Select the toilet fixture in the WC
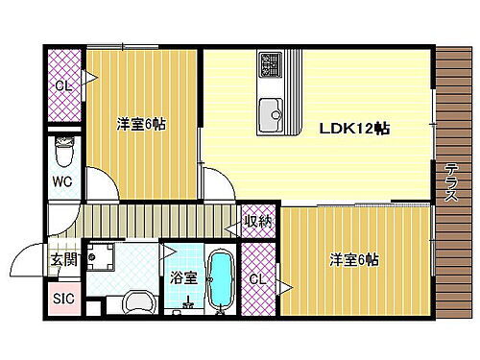64,151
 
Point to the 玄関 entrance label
63,261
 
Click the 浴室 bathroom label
183,279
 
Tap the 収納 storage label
257,223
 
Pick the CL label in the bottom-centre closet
256,279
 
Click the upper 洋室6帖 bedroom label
141,124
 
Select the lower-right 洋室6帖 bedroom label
354,260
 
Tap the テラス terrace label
450,181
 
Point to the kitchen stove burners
269,66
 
